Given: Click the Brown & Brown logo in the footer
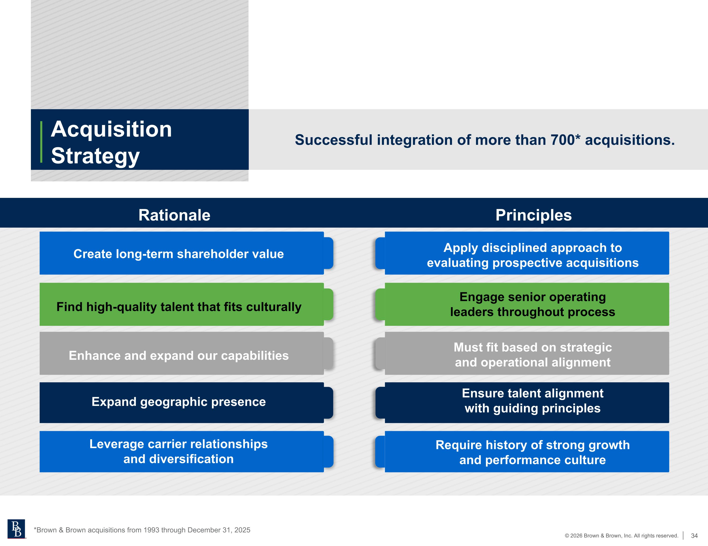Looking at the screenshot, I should coord(16,529).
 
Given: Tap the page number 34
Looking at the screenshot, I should coord(694,536).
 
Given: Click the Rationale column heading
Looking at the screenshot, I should coord(174,215).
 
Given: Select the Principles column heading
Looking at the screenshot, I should coord(534,215).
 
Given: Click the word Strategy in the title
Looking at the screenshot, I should coord(95,156).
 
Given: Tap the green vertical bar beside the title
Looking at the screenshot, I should coord(41,142).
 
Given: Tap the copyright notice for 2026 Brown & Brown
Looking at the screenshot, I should coord(621,536).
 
